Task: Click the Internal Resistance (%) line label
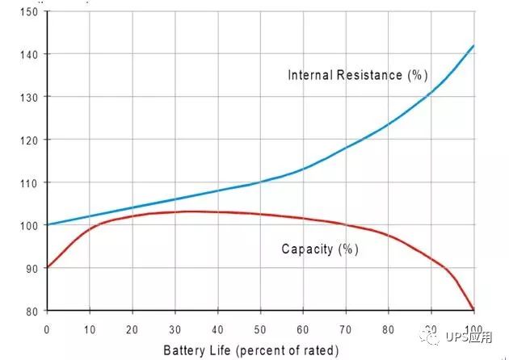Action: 357,76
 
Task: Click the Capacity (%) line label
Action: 319,249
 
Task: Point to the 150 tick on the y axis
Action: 30,11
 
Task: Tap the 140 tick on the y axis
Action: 30,54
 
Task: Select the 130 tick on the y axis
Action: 30,97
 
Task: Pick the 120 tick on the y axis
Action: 30,140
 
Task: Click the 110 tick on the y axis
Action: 30,182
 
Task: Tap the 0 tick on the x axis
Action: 47,329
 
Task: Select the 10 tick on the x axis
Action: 89,329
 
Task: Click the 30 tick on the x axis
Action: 175,329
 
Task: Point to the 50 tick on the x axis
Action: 260,329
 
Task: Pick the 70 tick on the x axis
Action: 345,329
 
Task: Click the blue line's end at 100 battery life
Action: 473,45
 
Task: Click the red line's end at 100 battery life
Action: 473,310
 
